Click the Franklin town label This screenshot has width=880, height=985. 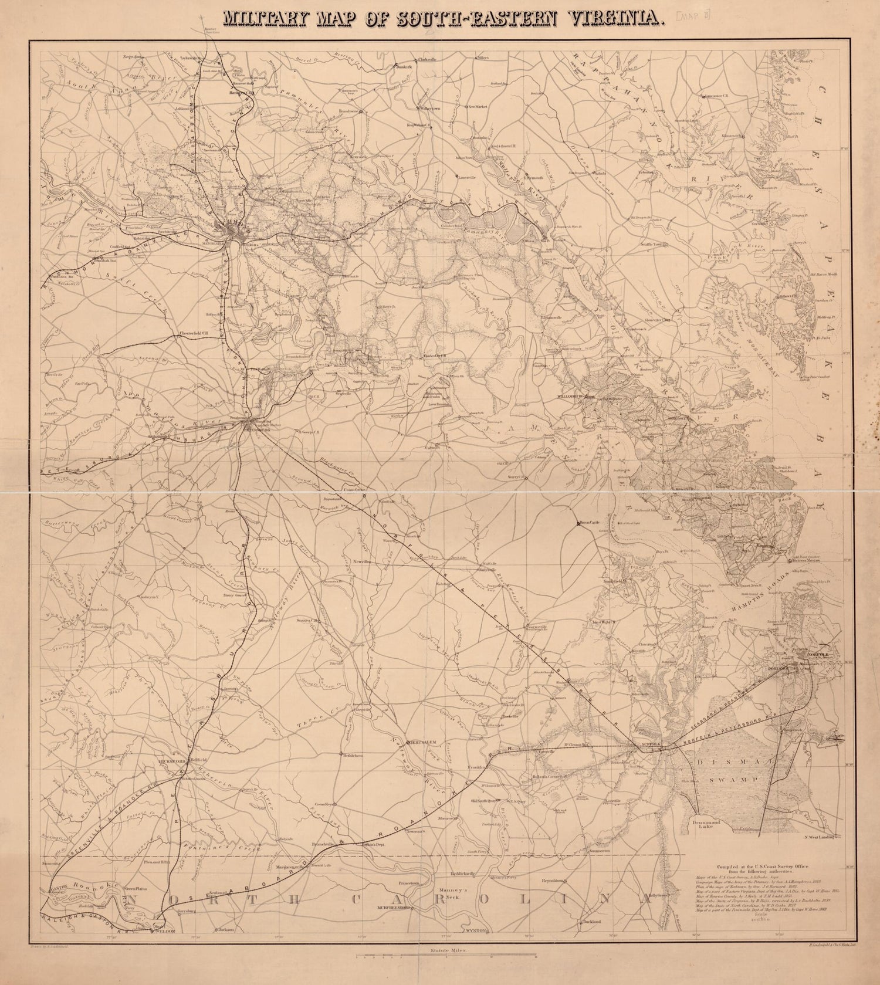point(477,767)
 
